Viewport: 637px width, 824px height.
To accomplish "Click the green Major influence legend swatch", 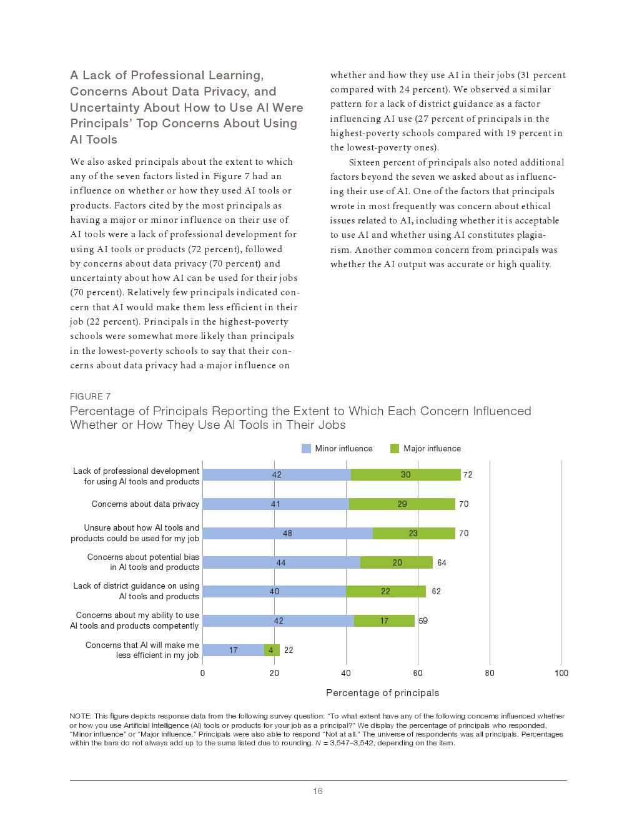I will [395, 449].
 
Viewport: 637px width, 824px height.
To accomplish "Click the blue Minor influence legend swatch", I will [306, 449].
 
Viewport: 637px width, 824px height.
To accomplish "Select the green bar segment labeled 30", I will [405, 475].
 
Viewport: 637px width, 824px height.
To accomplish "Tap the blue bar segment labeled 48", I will [287, 534].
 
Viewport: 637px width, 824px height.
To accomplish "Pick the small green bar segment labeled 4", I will [272, 650].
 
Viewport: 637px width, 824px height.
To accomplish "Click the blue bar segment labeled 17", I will [233, 650].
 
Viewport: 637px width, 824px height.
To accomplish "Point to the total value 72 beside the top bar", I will [468, 475].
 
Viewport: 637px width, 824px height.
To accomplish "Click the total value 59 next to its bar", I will [423, 621].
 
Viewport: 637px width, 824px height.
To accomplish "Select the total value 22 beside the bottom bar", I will [289, 650].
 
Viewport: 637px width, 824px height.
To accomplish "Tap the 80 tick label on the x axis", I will [490, 674].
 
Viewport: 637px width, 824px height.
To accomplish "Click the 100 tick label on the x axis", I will [561, 674].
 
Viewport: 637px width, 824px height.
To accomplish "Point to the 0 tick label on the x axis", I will [202, 674].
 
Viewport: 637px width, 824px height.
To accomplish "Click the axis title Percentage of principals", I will [382, 693].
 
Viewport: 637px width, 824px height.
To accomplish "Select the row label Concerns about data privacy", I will [145, 504].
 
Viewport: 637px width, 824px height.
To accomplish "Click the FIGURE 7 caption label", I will [90, 397].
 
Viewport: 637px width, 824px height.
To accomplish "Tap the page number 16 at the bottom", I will [318, 792].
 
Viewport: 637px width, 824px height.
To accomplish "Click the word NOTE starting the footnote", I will [80, 717].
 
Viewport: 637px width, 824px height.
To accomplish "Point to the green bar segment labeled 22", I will [385, 592].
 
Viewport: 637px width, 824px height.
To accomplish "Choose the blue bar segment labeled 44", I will [281, 563].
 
